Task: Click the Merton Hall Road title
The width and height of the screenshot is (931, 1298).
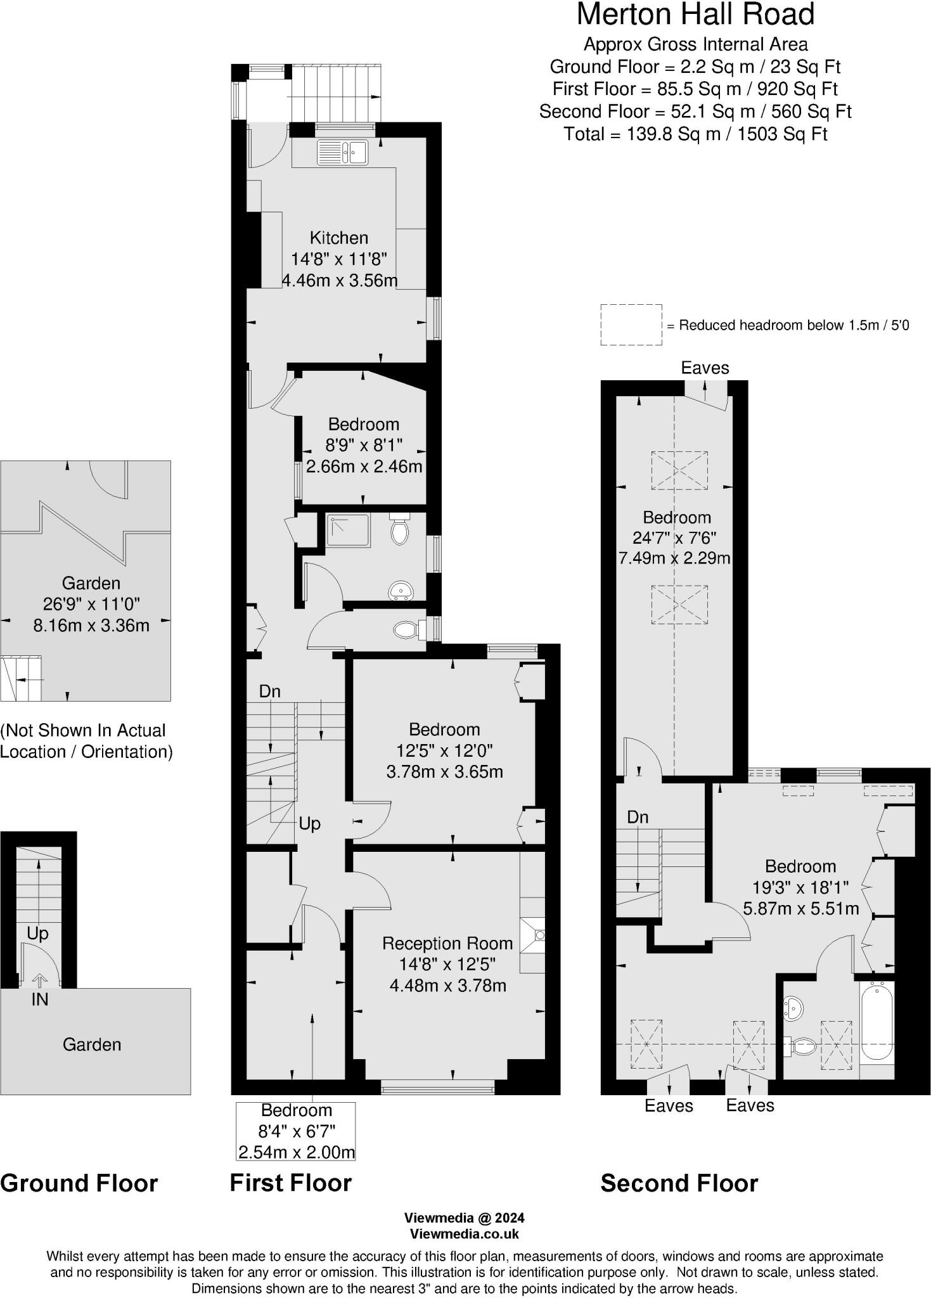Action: point(695,15)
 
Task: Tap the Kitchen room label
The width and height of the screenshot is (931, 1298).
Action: point(338,238)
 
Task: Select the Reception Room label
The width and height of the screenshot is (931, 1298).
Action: point(447,943)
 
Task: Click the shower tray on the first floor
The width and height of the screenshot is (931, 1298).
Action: point(347,530)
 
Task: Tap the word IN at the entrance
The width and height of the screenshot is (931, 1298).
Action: point(40,999)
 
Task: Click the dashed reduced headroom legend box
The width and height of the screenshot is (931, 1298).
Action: point(631,325)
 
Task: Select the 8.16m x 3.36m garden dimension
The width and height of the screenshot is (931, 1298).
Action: point(91,626)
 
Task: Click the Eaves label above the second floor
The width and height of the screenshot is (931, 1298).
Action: point(705,368)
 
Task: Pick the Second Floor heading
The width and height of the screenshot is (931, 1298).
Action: point(679,1183)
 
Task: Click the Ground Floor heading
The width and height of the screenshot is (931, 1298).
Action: point(79,1183)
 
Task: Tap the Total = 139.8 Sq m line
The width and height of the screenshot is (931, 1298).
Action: point(695,134)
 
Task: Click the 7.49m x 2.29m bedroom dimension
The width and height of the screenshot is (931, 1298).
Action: point(674,558)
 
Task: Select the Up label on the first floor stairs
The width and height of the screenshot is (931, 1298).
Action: point(309,823)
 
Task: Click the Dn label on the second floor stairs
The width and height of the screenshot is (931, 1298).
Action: point(638,817)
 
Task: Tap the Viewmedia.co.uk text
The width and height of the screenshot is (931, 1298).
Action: point(465,1234)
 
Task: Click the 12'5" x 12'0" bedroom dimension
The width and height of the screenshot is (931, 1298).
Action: point(444,750)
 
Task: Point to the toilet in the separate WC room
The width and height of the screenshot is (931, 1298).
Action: point(406,629)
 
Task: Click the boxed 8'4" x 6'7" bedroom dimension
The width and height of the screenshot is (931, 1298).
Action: point(296,1131)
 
